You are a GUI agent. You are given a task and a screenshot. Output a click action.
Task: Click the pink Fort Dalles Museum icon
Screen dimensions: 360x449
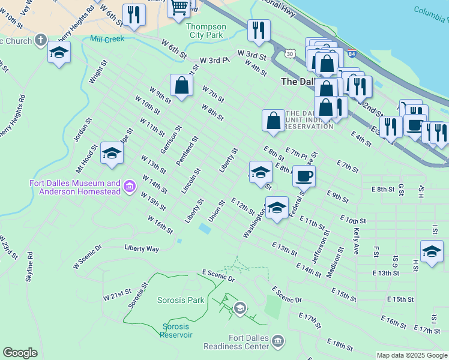tap(129, 187)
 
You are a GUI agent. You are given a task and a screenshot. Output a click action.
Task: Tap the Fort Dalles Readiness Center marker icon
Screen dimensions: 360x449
tap(277, 341)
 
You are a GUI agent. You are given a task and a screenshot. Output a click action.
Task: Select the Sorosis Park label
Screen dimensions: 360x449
tap(181, 300)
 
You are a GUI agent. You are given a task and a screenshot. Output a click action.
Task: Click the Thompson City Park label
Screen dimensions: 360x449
tap(206, 31)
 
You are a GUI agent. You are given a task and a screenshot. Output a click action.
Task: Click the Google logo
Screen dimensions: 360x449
tap(20, 353)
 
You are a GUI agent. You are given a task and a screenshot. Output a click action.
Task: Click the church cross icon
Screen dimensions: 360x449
tap(40, 41)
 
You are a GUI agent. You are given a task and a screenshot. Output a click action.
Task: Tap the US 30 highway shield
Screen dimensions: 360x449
tap(291, 54)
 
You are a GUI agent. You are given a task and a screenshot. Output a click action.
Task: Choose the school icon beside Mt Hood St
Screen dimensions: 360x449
tap(112, 154)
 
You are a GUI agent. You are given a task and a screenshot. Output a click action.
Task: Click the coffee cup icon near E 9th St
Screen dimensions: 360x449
tap(304, 176)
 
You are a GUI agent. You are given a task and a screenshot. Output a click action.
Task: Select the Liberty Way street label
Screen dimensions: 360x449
tap(142, 248)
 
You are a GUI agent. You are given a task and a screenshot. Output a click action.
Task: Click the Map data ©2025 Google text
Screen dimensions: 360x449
tap(412, 355)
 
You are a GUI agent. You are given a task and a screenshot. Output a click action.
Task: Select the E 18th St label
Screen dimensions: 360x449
tap(340, 344)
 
